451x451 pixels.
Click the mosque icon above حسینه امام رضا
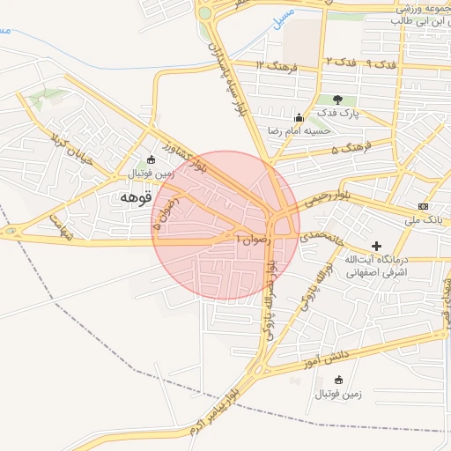tap(299, 117)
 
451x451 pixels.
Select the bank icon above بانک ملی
tap(423, 205)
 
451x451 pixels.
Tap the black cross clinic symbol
tap(377, 246)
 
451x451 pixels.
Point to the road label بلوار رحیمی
tap(329, 199)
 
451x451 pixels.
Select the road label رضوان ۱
tap(256, 237)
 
